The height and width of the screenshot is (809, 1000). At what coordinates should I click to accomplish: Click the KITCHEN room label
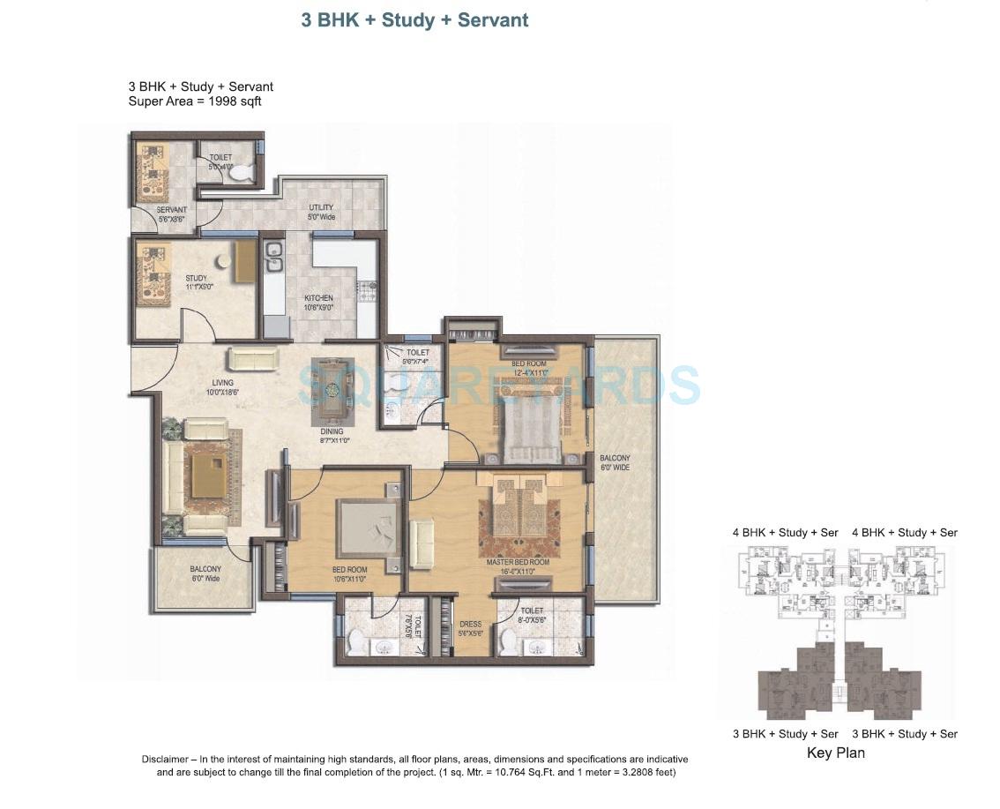coord(318,298)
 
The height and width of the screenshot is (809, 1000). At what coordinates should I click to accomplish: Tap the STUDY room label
coord(196,279)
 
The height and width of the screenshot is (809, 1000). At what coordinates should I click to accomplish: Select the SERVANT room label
coord(171,210)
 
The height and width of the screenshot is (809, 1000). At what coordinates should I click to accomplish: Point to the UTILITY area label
coord(321,207)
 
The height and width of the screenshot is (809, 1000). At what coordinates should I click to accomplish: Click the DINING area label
coord(332,431)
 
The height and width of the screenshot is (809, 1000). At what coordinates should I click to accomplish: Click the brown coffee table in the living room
coord(208,477)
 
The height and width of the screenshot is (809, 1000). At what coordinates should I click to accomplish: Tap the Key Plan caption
coord(835,753)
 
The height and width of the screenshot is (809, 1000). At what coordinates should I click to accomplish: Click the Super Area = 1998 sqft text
coord(195,101)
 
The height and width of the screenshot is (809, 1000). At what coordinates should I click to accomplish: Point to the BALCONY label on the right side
coord(615,458)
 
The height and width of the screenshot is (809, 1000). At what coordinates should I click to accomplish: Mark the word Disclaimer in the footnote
coord(166,760)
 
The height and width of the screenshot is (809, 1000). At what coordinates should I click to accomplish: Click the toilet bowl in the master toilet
coord(509,643)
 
